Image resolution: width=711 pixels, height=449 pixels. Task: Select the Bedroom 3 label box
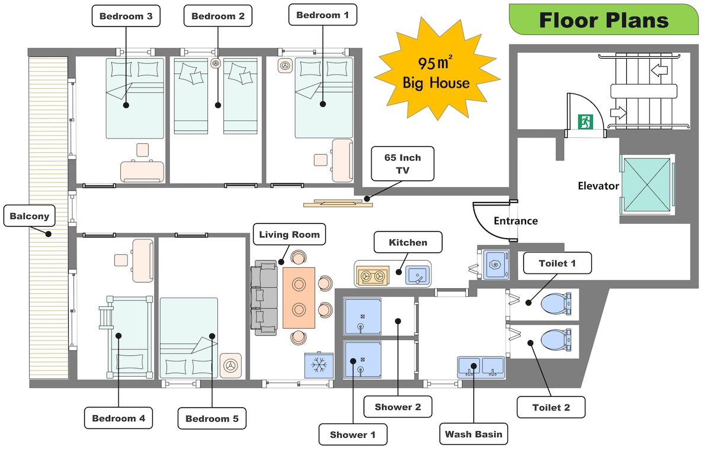pos(126,16)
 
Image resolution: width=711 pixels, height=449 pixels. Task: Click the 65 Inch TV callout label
pos(402,163)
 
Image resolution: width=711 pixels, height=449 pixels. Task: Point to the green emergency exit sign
pos(585,122)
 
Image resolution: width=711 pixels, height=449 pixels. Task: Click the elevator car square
pos(646,184)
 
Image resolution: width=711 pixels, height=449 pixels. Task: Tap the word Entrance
pos(515,221)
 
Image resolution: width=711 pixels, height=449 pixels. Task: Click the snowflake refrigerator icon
pos(319,364)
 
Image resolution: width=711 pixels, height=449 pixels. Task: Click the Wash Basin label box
pos(474,434)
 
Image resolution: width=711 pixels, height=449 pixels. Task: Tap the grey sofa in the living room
pos(264,296)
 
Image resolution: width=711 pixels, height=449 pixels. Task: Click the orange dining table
pos(299,298)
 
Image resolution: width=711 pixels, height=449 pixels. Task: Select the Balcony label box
pos(29,216)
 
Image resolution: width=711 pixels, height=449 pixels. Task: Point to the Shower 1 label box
pos(353,434)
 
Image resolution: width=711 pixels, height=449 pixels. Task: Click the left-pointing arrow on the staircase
pos(659,70)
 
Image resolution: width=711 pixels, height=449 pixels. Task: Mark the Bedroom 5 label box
pos(212,419)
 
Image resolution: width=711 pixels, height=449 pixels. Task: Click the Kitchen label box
pos(408,242)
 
